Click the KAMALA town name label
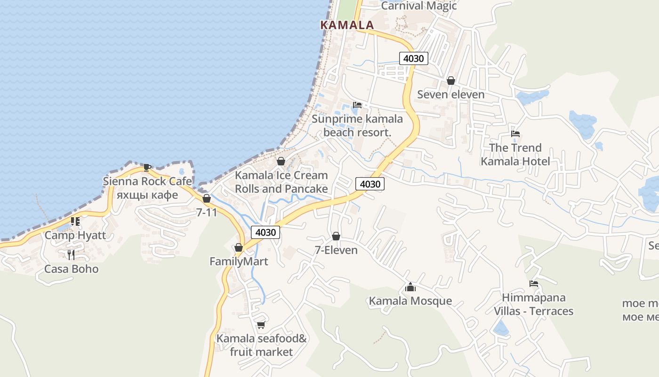[x=347, y=25]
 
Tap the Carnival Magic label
[x=419, y=6]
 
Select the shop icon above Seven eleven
[x=451, y=81]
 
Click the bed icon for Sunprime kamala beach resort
[x=357, y=105]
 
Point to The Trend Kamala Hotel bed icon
[x=515, y=134]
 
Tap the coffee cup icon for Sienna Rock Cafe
[x=147, y=167]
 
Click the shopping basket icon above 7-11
[x=207, y=198]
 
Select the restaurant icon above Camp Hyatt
[x=75, y=221]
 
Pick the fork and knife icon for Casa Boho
[x=71, y=255]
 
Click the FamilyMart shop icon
[x=239, y=247]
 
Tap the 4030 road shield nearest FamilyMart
[x=265, y=232]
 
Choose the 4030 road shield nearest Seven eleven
[x=414, y=59]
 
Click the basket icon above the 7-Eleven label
[x=336, y=236]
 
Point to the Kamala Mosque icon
[x=410, y=287]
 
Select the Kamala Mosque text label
[x=410, y=301]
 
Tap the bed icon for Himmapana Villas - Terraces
[x=534, y=284]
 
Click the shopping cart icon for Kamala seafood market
[x=261, y=325]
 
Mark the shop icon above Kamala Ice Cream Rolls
[x=281, y=161]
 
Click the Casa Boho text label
[x=71, y=269]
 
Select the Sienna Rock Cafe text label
[x=147, y=181]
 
